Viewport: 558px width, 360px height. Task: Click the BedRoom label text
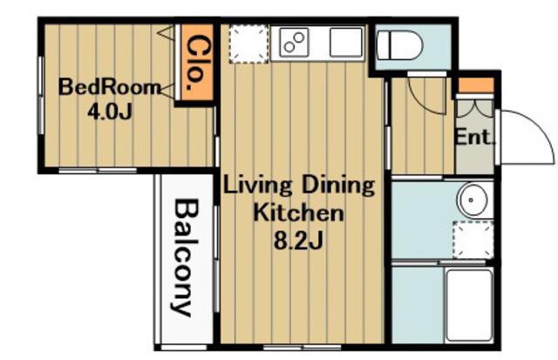pyautogui.click(x=110, y=87)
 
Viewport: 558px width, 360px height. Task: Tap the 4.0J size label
pyautogui.click(x=110, y=112)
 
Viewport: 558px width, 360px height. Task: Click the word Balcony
pyautogui.click(x=186, y=258)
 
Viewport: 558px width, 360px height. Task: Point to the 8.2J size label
pyautogui.click(x=298, y=241)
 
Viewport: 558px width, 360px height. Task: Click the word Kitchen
pyautogui.click(x=298, y=213)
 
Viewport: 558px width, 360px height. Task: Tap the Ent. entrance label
pyautogui.click(x=475, y=137)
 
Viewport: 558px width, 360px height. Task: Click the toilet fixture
pyautogui.click(x=400, y=46)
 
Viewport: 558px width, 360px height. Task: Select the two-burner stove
pyautogui.click(x=294, y=43)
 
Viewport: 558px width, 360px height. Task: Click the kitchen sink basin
pyautogui.click(x=346, y=43)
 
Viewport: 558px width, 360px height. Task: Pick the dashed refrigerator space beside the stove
pyautogui.click(x=248, y=44)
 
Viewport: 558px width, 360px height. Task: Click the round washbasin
pyautogui.click(x=473, y=200)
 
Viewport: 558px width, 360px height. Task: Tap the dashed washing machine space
pyautogui.click(x=473, y=240)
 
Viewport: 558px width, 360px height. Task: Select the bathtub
pyautogui.click(x=469, y=305)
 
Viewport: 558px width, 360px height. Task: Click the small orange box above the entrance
pyautogui.click(x=476, y=85)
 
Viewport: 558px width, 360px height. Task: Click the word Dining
pyautogui.click(x=338, y=186)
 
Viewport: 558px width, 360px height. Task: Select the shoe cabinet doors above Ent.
pyautogui.click(x=475, y=108)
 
